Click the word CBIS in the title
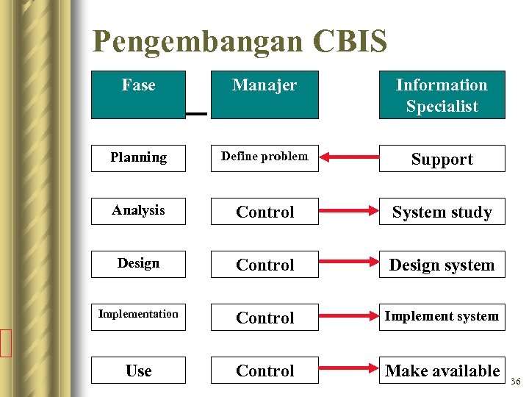350,42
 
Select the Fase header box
138,94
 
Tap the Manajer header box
264,94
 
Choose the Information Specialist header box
442,95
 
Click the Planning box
138,158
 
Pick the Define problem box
264,158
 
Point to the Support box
442,159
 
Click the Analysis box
138,211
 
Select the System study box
442,212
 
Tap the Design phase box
138,264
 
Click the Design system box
442,265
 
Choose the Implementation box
138,317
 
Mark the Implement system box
442,317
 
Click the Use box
138,371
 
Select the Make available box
442,371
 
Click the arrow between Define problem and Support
349,158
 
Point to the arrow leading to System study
349,212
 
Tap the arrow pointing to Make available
349,371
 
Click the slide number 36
515,381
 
